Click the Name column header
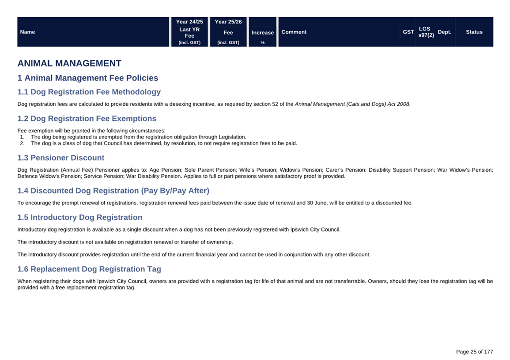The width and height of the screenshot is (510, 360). pos(27,32)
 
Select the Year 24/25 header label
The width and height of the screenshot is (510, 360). pos(189,22)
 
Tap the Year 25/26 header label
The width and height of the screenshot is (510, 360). pos(228,22)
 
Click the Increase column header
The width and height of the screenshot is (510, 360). pos(263,33)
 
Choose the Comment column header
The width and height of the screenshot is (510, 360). pos(294,32)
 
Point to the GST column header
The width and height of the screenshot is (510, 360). pos(408,32)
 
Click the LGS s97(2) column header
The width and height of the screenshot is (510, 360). pos(426,32)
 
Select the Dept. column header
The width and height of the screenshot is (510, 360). pos(444,32)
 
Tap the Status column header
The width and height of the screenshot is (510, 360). pos(474,32)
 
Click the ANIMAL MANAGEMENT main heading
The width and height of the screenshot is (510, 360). pos(69,63)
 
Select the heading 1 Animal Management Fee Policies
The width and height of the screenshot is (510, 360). pos(87,78)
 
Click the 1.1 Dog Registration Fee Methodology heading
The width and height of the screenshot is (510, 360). pos(89,92)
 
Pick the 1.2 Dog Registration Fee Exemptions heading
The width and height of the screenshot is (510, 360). pos(87,119)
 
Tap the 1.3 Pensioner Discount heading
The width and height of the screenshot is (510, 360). pos(61,158)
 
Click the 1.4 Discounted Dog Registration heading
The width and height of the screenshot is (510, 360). pos(113,191)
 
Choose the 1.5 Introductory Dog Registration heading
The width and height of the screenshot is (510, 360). pos(79,217)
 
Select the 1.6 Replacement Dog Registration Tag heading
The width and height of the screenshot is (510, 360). pos(89,269)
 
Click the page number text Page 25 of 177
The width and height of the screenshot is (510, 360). pos(474,352)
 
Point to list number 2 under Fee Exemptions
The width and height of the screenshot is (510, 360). pos(22,143)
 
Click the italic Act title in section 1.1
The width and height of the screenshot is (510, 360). pos(352,104)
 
